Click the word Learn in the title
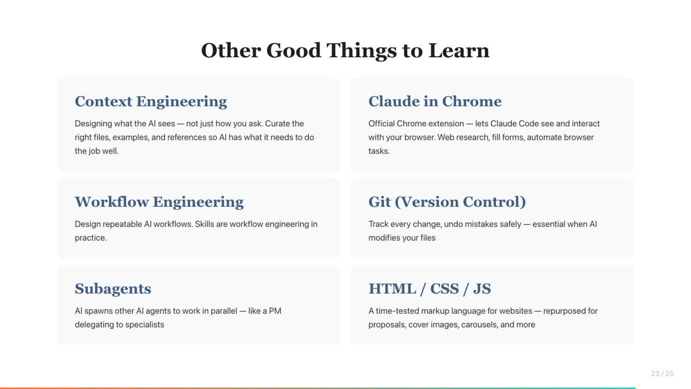(459, 50)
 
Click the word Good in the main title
(293, 50)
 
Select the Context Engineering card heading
(151, 102)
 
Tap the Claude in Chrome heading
(435, 101)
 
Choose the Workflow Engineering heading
(159, 202)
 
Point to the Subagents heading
(113, 289)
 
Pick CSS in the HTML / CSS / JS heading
(444, 289)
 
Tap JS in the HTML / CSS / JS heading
(482, 289)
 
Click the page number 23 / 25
(662, 374)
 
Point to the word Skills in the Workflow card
(204, 224)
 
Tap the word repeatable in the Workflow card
(122, 224)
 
